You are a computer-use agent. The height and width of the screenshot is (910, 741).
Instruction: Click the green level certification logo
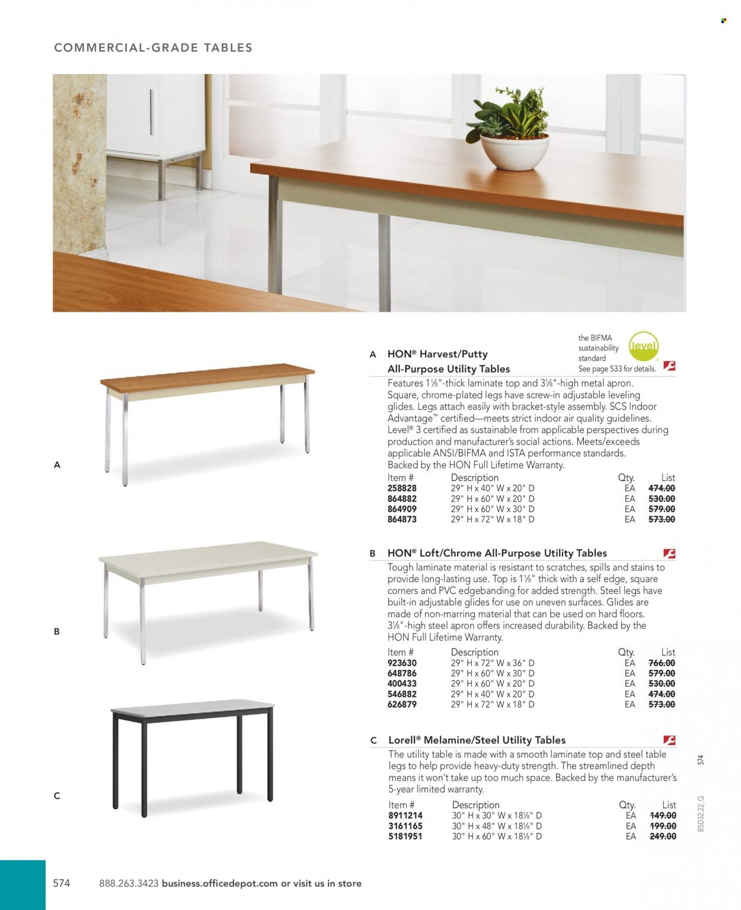click(x=643, y=346)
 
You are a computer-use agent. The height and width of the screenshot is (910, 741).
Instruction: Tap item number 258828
click(x=402, y=488)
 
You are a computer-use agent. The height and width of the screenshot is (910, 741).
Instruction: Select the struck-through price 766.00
click(x=662, y=663)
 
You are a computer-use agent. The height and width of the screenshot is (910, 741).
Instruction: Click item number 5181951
click(x=405, y=836)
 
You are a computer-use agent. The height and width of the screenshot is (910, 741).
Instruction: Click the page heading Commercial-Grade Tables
click(x=153, y=47)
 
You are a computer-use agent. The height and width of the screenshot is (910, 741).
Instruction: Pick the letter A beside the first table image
click(x=57, y=465)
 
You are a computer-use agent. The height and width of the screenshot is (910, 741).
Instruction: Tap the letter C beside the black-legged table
click(x=57, y=796)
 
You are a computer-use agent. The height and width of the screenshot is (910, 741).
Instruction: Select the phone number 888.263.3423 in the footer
click(x=129, y=883)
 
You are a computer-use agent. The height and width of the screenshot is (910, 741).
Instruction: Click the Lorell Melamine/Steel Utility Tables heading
click(x=477, y=740)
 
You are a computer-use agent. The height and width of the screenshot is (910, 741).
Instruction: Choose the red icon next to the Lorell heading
click(x=669, y=740)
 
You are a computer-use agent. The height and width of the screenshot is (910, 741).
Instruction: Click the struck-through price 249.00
click(x=663, y=836)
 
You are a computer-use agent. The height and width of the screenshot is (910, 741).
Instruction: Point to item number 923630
click(x=402, y=663)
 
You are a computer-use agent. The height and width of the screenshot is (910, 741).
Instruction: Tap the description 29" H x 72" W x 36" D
click(x=493, y=663)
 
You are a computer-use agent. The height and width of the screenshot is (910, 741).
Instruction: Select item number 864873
click(x=402, y=519)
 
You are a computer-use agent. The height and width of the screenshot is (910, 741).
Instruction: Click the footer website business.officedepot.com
click(x=219, y=883)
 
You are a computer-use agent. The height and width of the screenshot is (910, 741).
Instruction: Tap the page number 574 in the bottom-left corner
click(x=62, y=883)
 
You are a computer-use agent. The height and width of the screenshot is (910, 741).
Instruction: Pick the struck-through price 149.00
click(x=663, y=816)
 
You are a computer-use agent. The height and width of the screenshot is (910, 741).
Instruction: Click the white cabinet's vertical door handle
click(x=151, y=113)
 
